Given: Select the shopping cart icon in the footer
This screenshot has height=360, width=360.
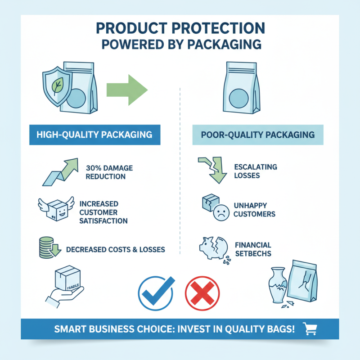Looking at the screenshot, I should point(310,328).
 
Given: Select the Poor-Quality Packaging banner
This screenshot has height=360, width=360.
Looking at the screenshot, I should point(258,135).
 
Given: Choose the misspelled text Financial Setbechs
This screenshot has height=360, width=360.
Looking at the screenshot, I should point(253,249).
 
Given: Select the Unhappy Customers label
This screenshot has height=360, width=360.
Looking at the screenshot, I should point(254,210).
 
